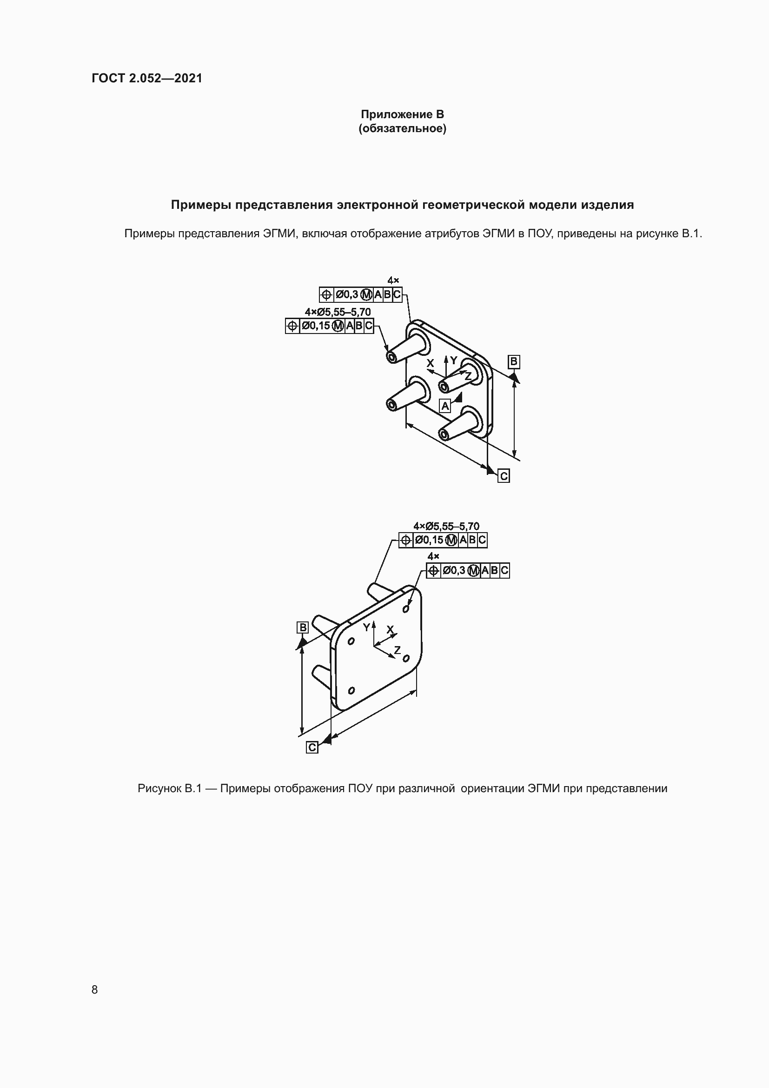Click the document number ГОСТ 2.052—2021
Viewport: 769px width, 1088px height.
coord(147,78)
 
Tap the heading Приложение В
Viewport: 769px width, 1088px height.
coord(402,114)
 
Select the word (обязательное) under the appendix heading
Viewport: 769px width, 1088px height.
coord(402,128)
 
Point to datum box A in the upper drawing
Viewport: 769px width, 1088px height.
coord(445,406)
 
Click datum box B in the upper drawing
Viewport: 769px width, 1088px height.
coord(514,362)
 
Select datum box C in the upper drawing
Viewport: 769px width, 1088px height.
coord(504,476)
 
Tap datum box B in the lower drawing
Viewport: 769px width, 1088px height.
coord(302,627)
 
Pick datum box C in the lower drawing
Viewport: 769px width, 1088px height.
coord(312,748)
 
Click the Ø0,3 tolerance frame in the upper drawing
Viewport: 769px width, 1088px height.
coord(360,295)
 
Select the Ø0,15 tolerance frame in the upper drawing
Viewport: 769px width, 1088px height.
coord(329,326)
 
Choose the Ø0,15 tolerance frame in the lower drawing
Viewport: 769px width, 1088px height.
coord(443,540)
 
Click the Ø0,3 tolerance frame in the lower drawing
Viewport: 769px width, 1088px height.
coord(468,571)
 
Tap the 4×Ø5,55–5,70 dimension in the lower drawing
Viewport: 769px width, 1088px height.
coord(446,526)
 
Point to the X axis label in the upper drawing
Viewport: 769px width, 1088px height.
coord(430,363)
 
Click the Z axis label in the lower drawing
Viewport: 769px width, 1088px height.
coord(397,650)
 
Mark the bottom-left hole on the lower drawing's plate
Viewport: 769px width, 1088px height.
coord(351,691)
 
